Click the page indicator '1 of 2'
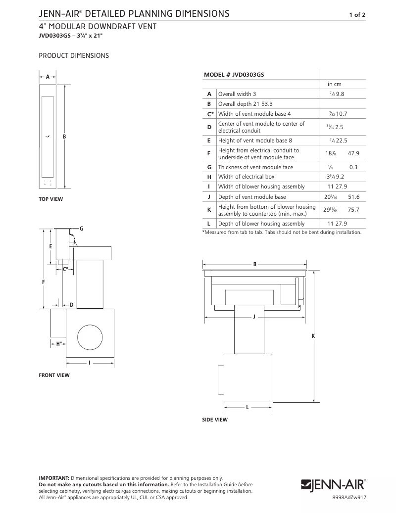coord(357,15)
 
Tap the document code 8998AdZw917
coord(349,497)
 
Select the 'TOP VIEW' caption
coord(51,199)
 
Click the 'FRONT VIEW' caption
coord(54,375)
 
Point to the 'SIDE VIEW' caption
coord(215,420)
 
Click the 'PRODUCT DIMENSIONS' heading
coord(74,56)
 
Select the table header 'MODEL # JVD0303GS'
coord(234,74)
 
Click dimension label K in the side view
coord(313,336)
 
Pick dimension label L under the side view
coord(248,408)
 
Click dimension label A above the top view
coord(48,77)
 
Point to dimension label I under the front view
coord(90,364)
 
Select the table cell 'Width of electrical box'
coord(246,177)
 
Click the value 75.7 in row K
coord(353,210)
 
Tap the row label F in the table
coord(209,153)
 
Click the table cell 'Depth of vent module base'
coord(252,197)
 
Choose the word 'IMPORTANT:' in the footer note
coord(54,478)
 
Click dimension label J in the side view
coord(254,317)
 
